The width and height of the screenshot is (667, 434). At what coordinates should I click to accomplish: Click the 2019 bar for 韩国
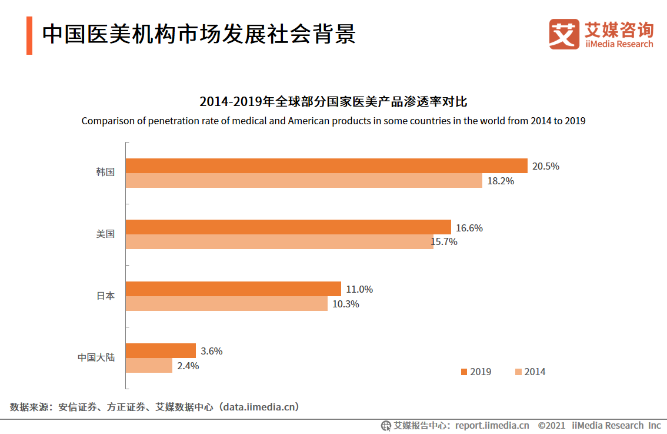click(x=326, y=165)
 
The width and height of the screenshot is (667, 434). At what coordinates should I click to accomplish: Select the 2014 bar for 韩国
click(x=304, y=181)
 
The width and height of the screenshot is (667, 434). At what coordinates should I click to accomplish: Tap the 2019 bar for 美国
click(x=288, y=227)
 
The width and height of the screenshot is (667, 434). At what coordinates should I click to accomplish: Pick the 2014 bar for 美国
click(x=279, y=242)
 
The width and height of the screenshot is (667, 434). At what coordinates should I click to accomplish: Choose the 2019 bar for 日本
click(x=234, y=289)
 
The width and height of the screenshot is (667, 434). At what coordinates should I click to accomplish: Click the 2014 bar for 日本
click(x=226, y=304)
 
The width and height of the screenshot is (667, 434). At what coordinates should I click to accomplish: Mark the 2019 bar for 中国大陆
click(x=161, y=350)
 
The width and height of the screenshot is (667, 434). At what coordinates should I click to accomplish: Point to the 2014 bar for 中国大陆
click(x=149, y=366)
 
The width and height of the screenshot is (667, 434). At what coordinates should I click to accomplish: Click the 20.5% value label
click(x=545, y=166)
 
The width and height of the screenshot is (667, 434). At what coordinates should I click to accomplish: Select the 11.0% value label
click(x=359, y=289)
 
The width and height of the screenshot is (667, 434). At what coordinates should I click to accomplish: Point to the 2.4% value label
click(x=188, y=366)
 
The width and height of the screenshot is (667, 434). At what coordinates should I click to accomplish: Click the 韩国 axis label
click(x=105, y=173)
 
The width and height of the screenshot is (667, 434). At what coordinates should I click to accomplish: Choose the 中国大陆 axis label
click(x=96, y=357)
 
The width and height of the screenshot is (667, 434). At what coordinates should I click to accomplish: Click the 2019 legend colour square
click(x=464, y=372)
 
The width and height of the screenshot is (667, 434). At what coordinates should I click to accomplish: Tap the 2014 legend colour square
click(x=518, y=372)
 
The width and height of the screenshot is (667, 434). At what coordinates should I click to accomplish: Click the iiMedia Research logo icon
click(x=564, y=34)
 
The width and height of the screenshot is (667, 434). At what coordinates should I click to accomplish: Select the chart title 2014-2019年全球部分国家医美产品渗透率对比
click(x=333, y=102)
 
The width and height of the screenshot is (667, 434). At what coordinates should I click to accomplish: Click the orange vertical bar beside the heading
click(x=29, y=36)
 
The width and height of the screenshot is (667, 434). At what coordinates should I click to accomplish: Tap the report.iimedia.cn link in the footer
click(x=492, y=425)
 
